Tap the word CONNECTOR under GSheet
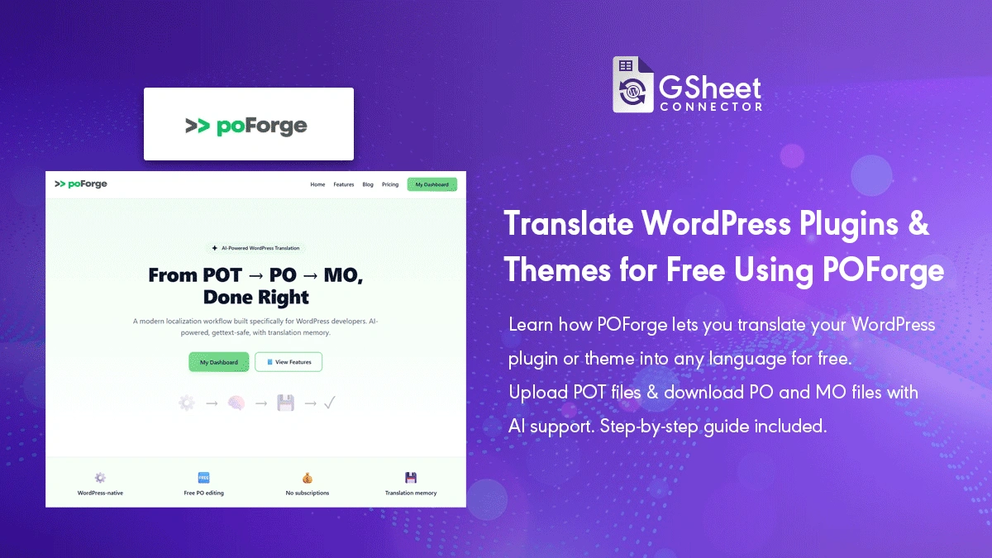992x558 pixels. click(x=710, y=107)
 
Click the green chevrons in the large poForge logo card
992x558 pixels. click(x=197, y=126)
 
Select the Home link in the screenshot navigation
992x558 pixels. click(x=317, y=184)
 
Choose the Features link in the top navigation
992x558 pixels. click(x=343, y=184)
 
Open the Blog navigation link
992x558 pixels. click(x=368, y=184)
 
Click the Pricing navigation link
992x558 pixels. click(x=390, y=184)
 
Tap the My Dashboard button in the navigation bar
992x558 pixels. click(x=432, y=184)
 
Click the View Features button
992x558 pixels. click(x=289, y=362)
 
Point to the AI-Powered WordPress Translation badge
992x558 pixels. click(x=255, y=248)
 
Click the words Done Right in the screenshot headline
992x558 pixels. click(x=255, y=297)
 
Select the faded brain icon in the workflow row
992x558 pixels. click(x=236, y=403)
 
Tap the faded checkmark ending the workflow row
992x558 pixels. click(x=329, y=403)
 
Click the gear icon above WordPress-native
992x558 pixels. click(x=100, y=478)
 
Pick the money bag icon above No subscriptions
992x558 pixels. click(x=308, y=478)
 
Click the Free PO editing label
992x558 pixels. click(x=203, y=494)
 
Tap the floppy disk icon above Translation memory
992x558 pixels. click(x=411, y=478)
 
